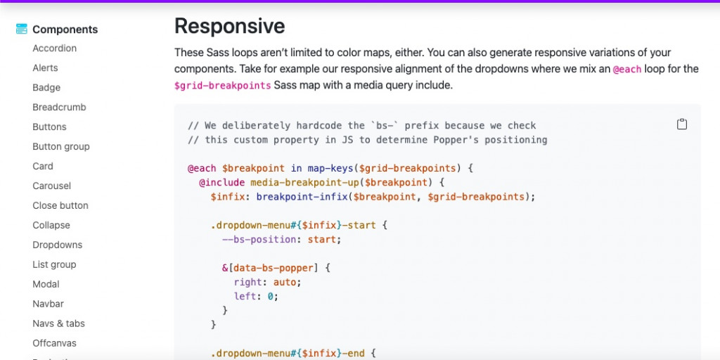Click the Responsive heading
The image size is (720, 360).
(x=229, y=27)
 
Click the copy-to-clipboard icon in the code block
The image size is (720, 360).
(x=681, y=124)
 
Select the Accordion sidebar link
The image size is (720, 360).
(x=54, y=49)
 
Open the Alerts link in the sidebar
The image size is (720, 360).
(x=45, y=68)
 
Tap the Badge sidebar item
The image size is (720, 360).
(x=46, y=88)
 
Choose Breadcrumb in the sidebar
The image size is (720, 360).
(x=59, y=108)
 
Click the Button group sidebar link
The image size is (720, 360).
(x=61, y=147)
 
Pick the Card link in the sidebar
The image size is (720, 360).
(x=43, y=167)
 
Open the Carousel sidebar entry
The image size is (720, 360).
(x=51, y=186)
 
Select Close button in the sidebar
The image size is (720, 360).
(x=60, y=206)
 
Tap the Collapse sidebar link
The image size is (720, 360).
(x=51, y=226)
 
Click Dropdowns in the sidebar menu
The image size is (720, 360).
(x=57, y=245)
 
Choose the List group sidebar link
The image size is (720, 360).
(x=54, y=265)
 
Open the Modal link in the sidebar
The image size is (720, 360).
(x=46, y=285)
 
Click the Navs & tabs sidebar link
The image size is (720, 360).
(x=58, y=324)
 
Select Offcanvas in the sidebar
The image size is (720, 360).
(x=54, y=344)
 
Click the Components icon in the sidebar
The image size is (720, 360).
(x=22, y=30)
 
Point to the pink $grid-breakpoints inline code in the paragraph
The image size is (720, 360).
(x=222, y=86)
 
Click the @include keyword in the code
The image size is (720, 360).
(x=221, y=183)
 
